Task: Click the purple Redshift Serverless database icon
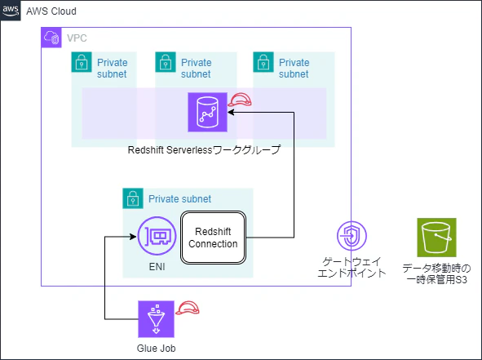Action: click(207, 112)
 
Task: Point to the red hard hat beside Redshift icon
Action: click(241, 101)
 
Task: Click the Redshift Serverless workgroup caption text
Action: click(203, 150)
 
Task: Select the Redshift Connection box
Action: click(212, 238)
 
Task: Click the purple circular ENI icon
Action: click(157, 238)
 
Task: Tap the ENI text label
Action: click(157, 267)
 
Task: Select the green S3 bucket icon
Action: click(436, 238)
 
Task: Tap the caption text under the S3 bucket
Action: click(436, 274)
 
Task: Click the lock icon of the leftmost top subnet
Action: click(82, 62)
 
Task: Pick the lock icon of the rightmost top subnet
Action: click(263, 62)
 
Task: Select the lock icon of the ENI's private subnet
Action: click(132, 198)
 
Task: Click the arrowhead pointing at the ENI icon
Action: click(130, 238)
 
